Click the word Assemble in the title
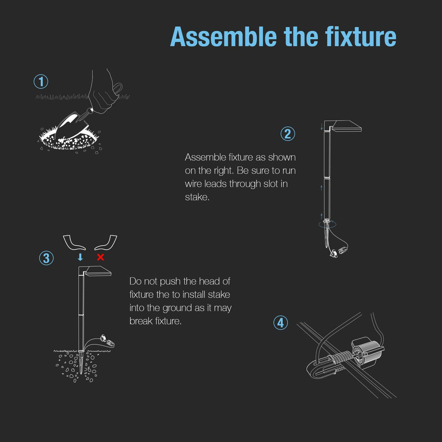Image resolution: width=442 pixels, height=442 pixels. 224,37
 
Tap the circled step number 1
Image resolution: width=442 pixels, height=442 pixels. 41,81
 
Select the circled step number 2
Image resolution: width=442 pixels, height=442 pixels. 288,134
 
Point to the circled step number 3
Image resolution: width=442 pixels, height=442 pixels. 46,258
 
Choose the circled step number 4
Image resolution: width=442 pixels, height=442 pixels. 281,323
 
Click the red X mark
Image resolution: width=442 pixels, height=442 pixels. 100,257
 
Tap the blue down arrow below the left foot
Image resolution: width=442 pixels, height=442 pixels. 80,257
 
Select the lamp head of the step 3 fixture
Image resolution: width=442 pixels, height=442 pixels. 98,271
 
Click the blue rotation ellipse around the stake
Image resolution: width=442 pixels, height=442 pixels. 327,224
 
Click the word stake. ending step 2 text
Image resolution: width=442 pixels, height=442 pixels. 197,197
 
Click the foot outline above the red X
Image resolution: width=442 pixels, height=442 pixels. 106,243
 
